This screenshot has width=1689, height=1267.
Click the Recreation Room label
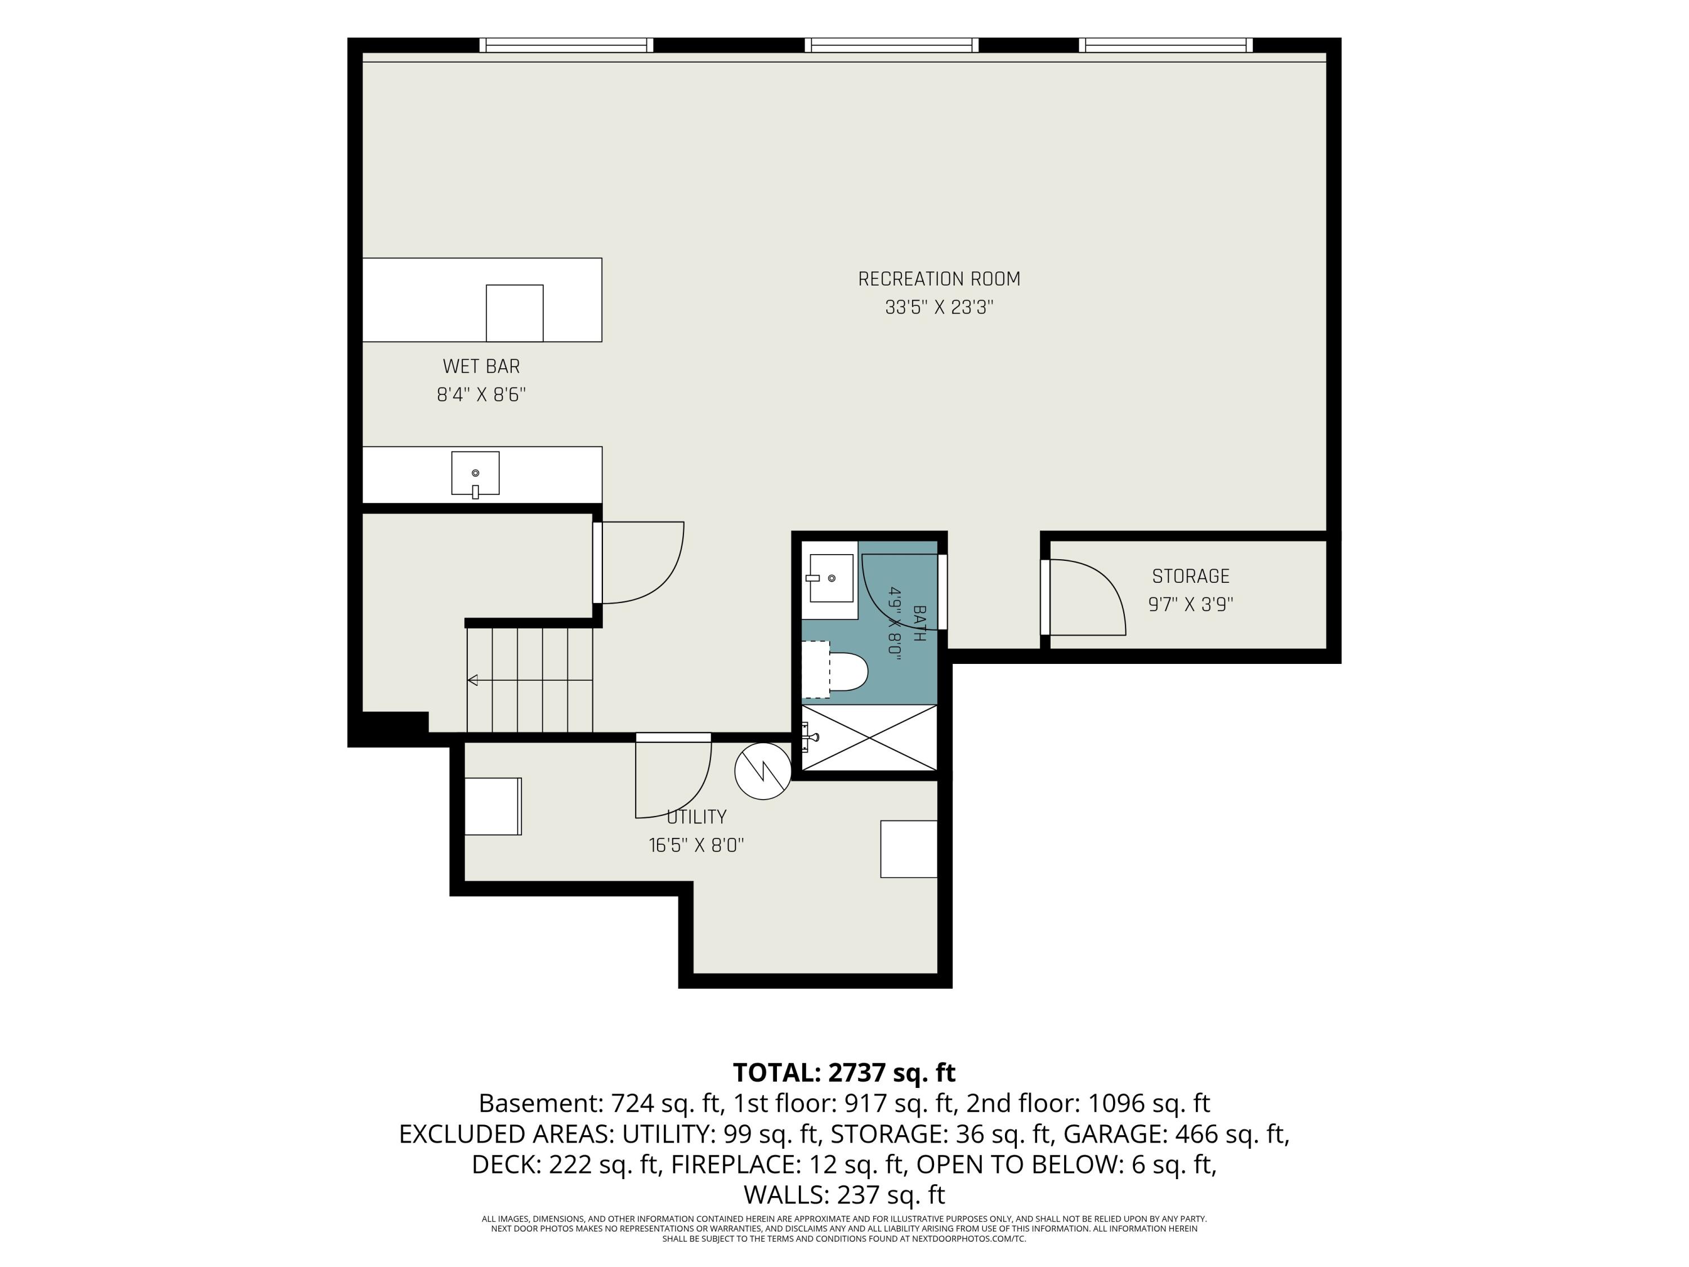(939, 279)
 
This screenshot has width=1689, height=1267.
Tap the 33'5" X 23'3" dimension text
(939, 307)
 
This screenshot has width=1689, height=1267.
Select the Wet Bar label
(481, 367)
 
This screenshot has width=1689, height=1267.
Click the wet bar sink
(475, 474)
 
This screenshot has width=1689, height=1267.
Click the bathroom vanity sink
(831, 578)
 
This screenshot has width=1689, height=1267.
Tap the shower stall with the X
(869, 738)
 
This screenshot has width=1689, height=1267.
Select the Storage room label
(1190, 577)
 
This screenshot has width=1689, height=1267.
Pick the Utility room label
(696, 817)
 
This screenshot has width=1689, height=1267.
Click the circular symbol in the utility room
(763, 771)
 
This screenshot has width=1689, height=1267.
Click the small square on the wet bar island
(515, 313)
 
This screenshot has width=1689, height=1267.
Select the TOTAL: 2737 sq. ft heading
(844, 1073)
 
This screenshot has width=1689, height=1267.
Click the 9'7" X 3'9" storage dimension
(1190, 604)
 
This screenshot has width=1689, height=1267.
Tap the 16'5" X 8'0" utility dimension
(696, 845)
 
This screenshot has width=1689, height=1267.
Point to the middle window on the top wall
(891, 45)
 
